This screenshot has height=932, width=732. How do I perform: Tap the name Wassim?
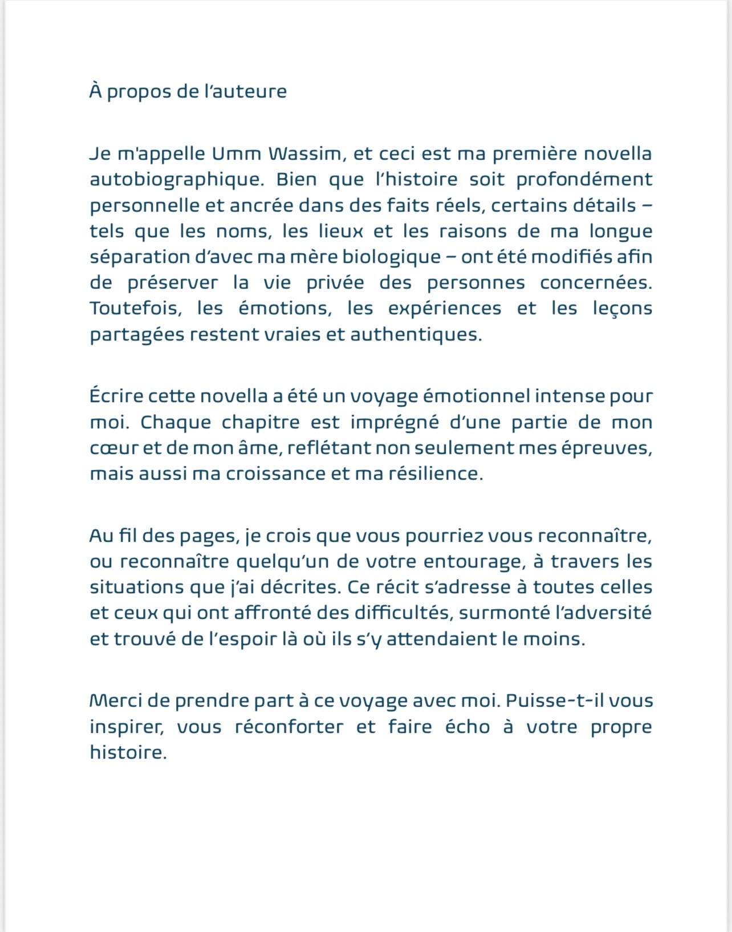click(x=306, y=154)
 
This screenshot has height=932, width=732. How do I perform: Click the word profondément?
click(x=584, y=180)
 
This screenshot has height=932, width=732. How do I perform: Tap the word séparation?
click(x=140, y=257)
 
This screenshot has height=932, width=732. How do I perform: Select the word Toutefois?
click(x=136, y=309)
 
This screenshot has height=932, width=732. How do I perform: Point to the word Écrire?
click(x=116, y=396)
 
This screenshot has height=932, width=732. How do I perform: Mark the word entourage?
click(x=473, y=562)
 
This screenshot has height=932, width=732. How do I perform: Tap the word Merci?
click(x=116, y=700)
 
